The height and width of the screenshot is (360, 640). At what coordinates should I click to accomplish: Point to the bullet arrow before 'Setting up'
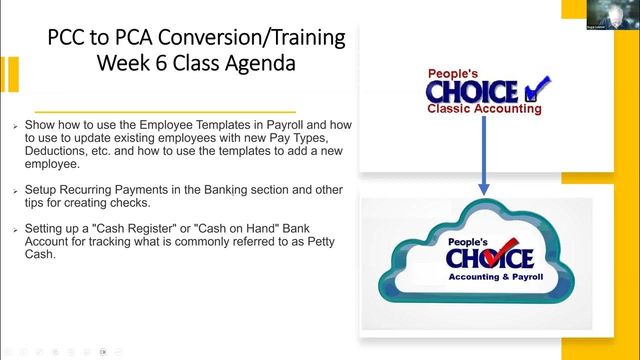(x=15, y=230)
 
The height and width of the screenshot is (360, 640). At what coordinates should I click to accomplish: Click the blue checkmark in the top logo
(x=538, y=88)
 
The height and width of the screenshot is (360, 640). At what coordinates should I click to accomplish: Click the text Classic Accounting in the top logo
(x=484, y=108)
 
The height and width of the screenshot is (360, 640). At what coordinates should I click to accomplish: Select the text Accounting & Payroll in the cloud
(x=495, y=277)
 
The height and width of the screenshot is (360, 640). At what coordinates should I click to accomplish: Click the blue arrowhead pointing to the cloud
(x=483, y=189)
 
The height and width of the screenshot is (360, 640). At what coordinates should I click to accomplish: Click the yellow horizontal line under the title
(x=165, y=112)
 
